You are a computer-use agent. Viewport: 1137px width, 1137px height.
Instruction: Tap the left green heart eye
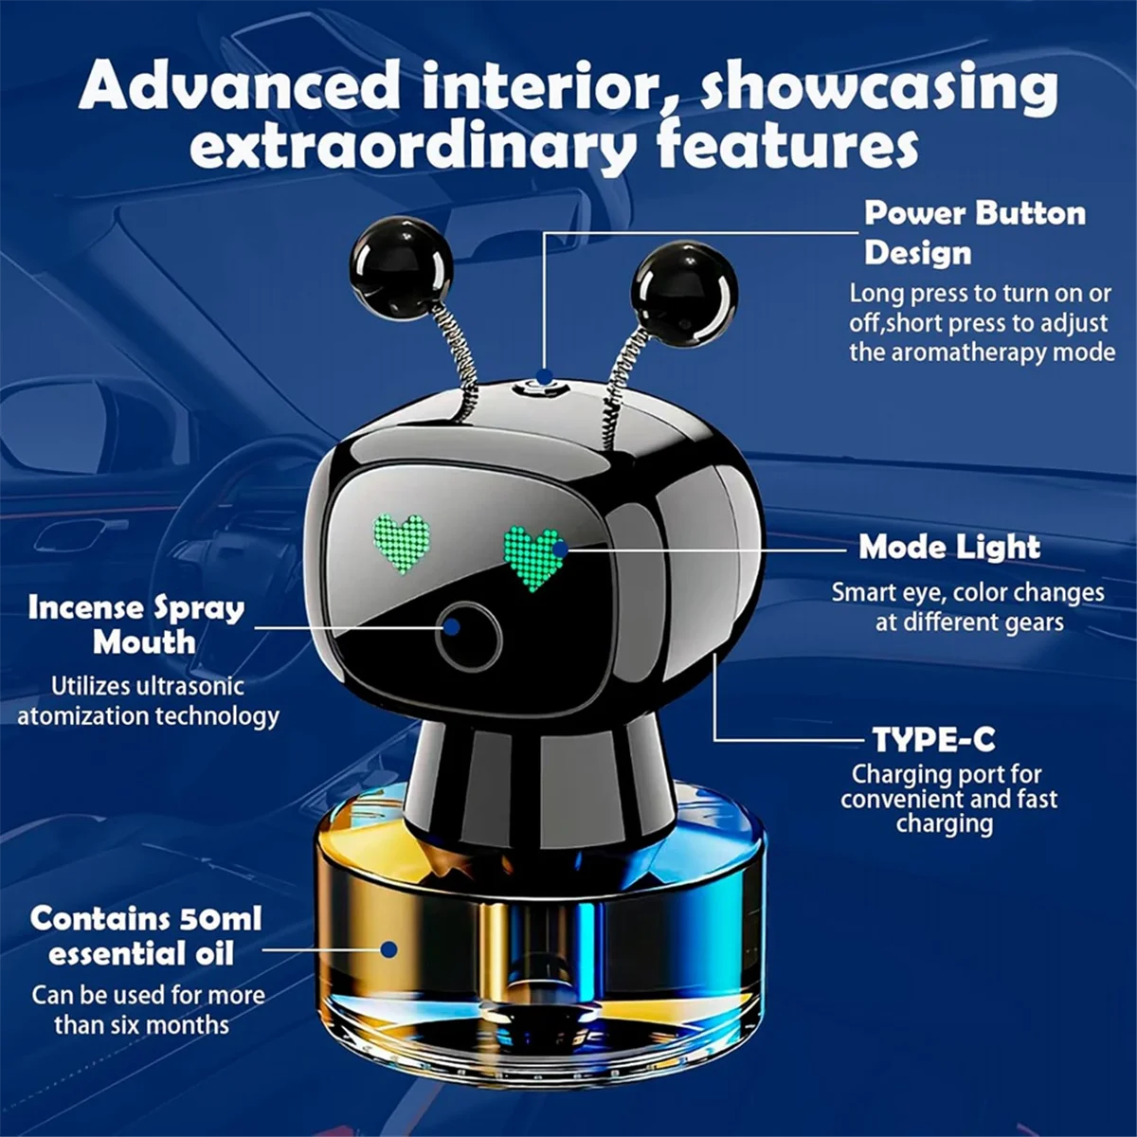click(x=402, y=542)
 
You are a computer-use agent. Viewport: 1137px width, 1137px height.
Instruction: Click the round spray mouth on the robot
click(x=468, y=636)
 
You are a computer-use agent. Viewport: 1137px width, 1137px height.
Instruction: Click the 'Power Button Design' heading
click(x=973, y=233)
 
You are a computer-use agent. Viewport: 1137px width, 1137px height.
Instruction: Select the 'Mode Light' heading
click(x=949, y=547)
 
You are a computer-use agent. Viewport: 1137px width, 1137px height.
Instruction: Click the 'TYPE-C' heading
click(x=933, y=739)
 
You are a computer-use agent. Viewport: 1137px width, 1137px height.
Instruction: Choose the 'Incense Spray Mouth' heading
click(x=136, y=624)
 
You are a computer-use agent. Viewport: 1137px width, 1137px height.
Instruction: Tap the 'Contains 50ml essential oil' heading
click(x=145, y=935)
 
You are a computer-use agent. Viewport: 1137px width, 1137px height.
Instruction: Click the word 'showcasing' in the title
click(x=878, y=87)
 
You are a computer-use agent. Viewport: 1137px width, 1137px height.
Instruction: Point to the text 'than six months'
click(x=141, y=1024)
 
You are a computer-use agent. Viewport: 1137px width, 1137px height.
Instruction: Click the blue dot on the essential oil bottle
click(x=388, y=948)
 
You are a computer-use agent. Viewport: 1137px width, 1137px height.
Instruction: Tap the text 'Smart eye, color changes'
click(x=967, y=593)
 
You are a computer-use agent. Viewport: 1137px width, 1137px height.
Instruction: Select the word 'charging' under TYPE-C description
click(x=944, y=824)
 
